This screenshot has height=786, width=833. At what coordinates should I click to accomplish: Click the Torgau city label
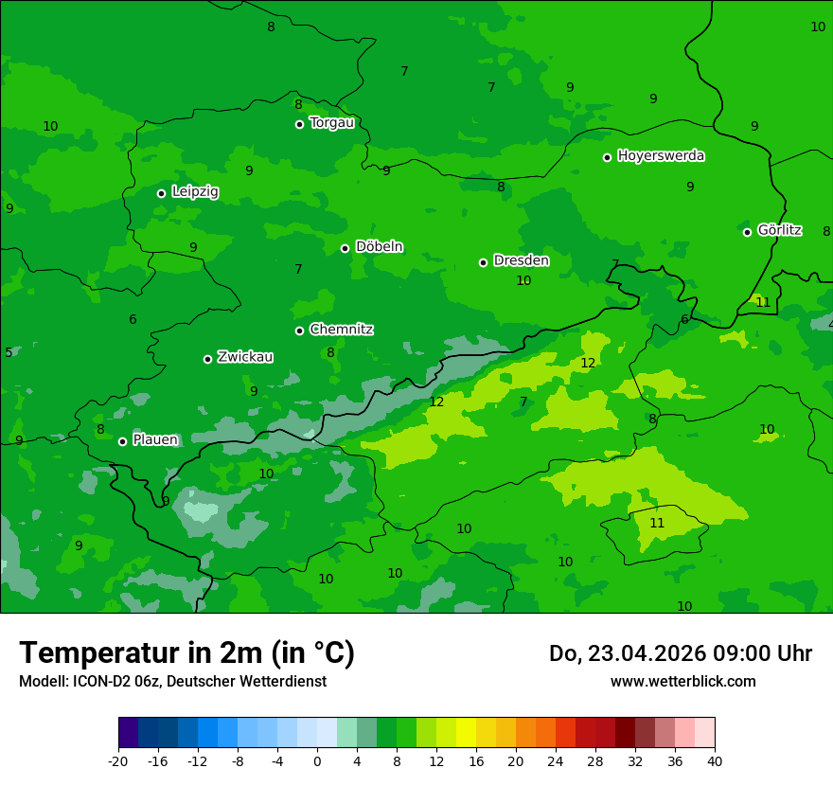point(331,123)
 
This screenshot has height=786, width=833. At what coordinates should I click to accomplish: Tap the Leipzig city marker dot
point(161,193)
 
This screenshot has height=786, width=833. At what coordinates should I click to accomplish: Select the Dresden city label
point(521,260)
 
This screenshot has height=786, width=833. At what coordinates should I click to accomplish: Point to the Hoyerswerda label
point(661,156)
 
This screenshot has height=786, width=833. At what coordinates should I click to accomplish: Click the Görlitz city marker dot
point(747,232)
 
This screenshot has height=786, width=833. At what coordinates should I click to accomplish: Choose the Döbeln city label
point(379,247)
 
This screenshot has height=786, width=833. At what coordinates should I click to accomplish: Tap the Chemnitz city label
point(341,330)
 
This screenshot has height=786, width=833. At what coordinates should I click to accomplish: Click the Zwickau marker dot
point(207,359)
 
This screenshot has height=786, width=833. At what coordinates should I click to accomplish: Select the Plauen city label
point(155,440)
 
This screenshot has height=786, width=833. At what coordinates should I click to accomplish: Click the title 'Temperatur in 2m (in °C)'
point(186,652)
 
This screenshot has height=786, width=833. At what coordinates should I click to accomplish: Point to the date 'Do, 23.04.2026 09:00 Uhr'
point(680,653)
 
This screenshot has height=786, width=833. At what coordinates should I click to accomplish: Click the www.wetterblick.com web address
point(682,682)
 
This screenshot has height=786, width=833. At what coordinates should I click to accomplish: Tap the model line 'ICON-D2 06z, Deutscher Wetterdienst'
point(172,682)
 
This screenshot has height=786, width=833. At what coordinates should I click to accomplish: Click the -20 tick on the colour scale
point(118,760)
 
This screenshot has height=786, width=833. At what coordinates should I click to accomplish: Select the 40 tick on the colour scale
point(715,760)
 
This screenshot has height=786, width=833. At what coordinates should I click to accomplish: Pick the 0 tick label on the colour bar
point(317,760)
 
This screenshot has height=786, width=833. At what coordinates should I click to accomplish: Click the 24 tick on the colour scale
point(556,760)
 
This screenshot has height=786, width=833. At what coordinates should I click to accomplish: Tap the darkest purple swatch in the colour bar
point(128,733)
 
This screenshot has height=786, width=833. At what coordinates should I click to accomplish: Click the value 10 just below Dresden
point(523,280)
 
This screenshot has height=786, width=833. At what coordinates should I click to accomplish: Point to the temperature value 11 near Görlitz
point(763,302)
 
